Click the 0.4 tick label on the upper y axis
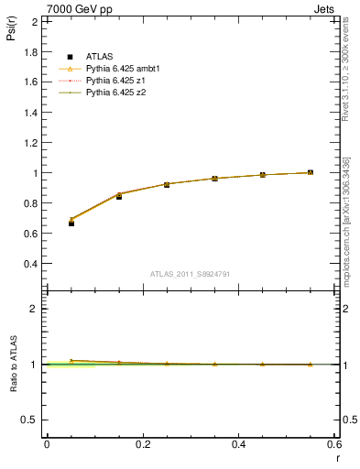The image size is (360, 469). [x=31, y=264]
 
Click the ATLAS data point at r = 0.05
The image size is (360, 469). [x=71, y=224]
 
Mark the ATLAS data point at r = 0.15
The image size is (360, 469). [x=119, y=196]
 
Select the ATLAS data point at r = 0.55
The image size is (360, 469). [x=311, y=172]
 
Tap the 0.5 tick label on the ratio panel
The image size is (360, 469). [x=29, y=420]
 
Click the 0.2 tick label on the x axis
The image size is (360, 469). [x=142, y=444]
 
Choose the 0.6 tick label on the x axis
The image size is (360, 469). [x=334, y=444]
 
